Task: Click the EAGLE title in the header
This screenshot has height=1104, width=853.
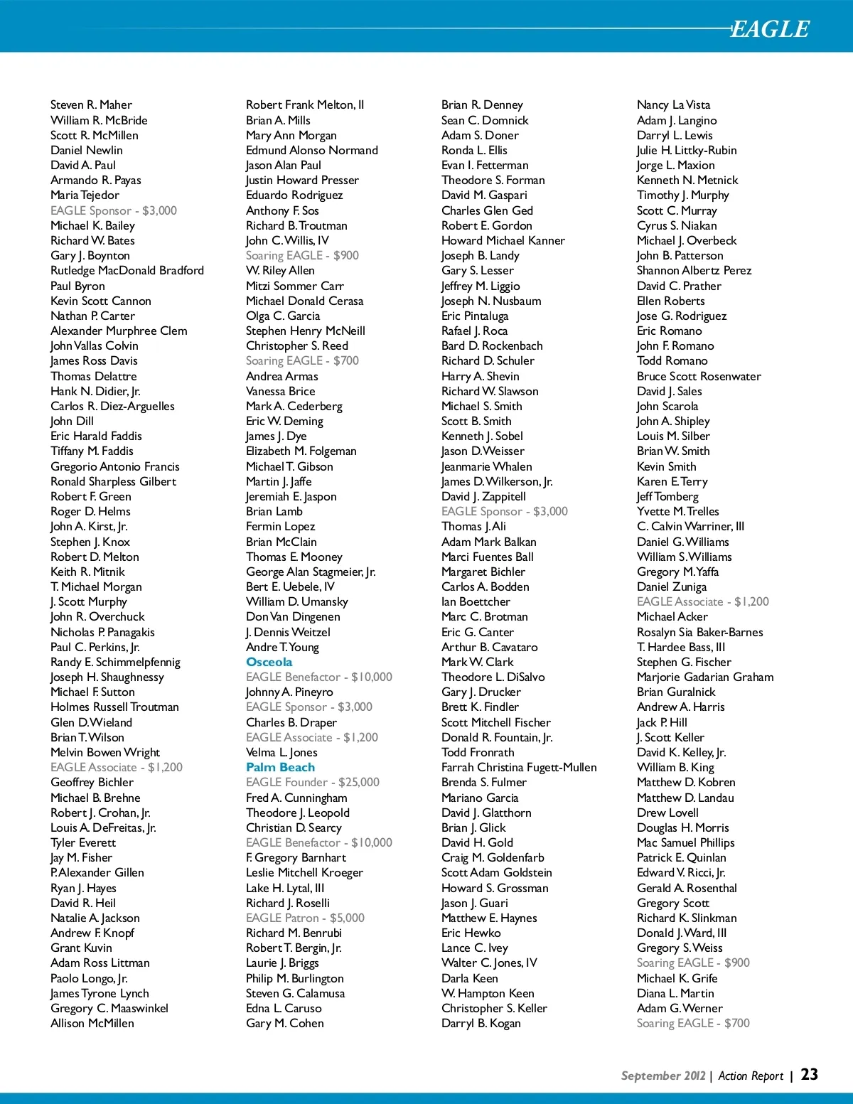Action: (770, 29)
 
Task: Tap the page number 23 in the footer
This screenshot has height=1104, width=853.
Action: (810, 1075)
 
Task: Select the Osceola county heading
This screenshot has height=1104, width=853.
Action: (269, 662)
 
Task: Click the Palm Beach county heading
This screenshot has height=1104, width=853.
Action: (280, 767)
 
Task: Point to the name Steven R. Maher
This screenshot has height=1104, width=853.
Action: (91, 104)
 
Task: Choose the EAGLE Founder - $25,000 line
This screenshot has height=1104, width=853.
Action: (312, 782)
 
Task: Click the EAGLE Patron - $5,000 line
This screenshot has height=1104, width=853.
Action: (305, 918)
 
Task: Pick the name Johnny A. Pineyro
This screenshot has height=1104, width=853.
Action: (289, 692)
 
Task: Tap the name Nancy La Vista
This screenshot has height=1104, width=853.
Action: (673, 104)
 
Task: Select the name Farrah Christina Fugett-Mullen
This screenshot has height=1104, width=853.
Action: (519, 767)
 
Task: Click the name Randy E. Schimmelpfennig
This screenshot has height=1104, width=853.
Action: (115, 662)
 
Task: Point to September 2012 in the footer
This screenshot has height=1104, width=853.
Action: (663, 1076)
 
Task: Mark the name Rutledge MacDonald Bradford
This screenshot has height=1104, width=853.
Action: (127, 270)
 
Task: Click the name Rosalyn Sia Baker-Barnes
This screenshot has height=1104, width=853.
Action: (699, 632)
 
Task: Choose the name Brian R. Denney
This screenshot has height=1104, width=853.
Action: (482, 104)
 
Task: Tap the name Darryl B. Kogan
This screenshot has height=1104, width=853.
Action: (481, 1023)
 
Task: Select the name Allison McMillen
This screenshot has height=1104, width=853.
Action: (92, 1023)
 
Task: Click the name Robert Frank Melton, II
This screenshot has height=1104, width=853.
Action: (305, 104)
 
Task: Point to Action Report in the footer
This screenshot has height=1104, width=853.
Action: (751, 1076)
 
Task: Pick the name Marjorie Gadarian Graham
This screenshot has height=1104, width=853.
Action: (705, 677)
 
